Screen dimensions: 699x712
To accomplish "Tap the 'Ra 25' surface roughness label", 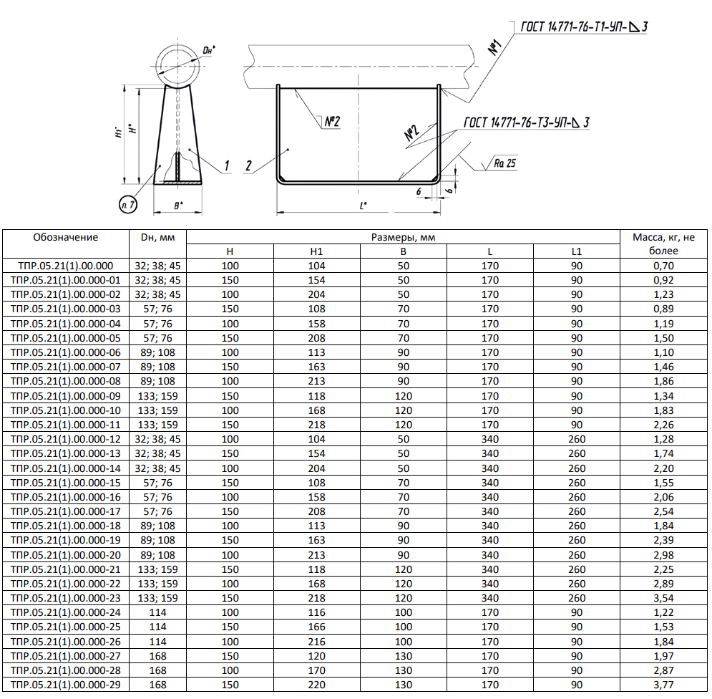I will tap(504, 163).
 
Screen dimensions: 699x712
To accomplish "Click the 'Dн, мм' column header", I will tap(157, 238).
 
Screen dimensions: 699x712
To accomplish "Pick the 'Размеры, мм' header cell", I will tap(404, 237).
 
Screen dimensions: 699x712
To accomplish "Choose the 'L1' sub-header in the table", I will tap(577, 251).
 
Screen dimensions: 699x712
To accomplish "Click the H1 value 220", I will tap(316, 685).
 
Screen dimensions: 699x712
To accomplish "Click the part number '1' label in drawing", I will tap(225, 166).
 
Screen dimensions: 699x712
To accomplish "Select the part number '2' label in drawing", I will tap(248, 166).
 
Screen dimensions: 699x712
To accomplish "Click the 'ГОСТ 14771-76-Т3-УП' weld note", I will tap(526, 123).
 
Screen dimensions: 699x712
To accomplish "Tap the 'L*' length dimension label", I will tap(365, 206).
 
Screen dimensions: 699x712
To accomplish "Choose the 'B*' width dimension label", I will tap(178, 206).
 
